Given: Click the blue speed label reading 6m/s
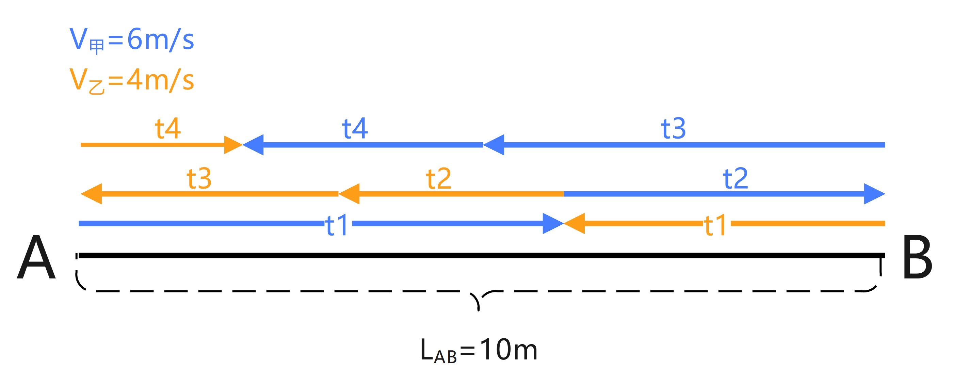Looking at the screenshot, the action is (x=131, y=39).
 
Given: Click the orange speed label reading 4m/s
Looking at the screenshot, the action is (x=131, y=80).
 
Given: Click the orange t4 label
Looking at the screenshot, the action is (x=167, y=128).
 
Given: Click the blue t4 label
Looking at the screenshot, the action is (x=355, y=128).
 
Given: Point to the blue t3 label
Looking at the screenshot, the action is (x=673, y=128).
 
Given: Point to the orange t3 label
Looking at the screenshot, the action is (x=199, y=178).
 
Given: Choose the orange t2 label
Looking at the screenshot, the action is (x=438, y=178).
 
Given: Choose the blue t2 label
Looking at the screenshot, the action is (x=735, y=178).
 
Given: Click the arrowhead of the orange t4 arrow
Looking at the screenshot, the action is (x=233, y=145).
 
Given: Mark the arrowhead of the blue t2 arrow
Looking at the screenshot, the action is (x=875, y=194).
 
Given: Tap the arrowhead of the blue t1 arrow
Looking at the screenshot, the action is (x=553, y=223).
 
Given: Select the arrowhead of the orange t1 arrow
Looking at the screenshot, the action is (x=574, y=223).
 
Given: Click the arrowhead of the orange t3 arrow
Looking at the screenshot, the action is (x=91, y=194).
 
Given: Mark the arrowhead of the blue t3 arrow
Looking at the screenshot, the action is (x=494, y=145).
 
